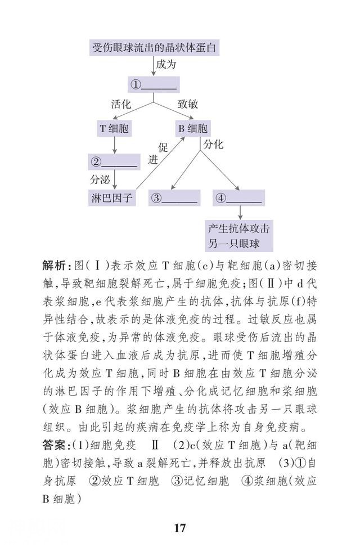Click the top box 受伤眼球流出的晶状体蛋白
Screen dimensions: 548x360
pos(154,47)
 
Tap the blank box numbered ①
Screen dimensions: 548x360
pos(154,84)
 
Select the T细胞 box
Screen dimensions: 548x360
pos(114,129)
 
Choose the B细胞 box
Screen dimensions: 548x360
pos(193,129)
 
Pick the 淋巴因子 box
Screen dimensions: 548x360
pos(112,197)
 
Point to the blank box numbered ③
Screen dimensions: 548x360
pos(174,197)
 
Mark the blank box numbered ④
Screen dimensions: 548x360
pos(239,197)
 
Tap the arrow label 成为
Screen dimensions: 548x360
pos(166,64)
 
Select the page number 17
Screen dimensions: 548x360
pos(179,527)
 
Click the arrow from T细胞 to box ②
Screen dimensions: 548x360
pos(115,145)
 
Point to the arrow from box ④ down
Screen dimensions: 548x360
pos(240,213)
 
